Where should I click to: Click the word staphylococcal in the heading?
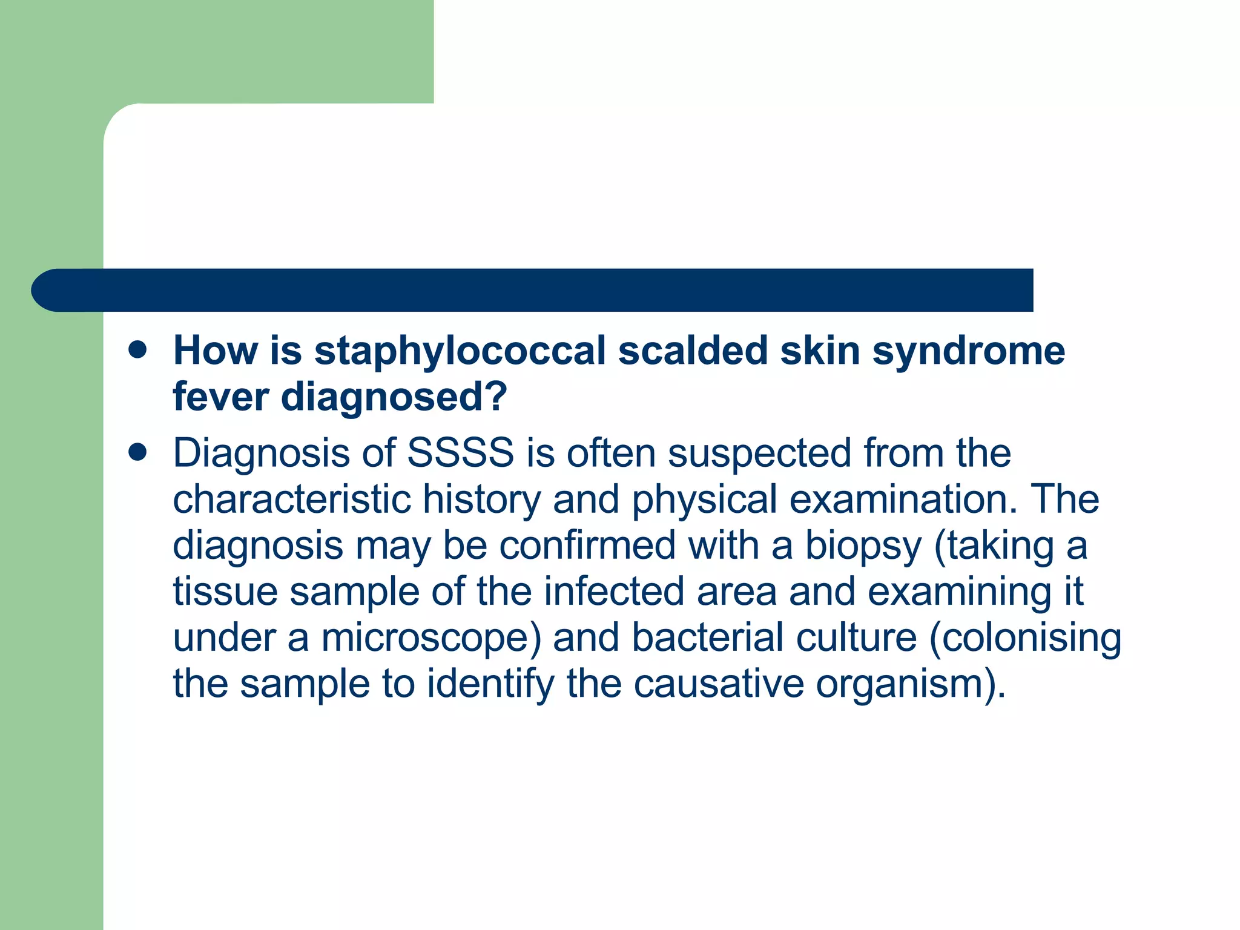(460, 351)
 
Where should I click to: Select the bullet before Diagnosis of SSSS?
(138, 452)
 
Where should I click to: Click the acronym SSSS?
(460, 453)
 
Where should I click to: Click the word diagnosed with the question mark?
(394, 398)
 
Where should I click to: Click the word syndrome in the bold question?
(968, 351)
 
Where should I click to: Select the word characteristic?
(292, 500)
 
